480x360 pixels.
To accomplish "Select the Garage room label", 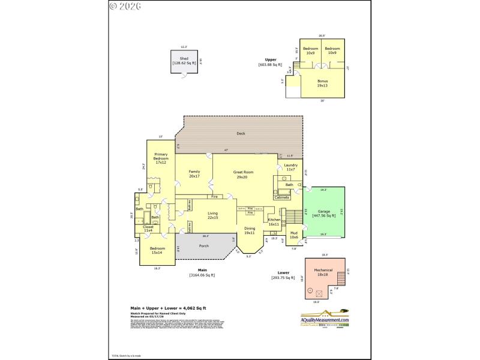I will click(324, 213).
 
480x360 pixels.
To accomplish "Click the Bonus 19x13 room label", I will click(322, 83).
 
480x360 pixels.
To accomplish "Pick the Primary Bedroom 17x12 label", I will click(160, 158).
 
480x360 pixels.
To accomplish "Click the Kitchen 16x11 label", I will click(274, 221).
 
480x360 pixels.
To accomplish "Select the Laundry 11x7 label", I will click(290, 167).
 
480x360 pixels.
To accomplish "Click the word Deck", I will click(241, 134).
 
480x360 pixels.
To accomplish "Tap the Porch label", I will click(203, 245).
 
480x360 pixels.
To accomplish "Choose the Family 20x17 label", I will click(194, 174).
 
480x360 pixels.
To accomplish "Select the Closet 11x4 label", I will click(148, 229).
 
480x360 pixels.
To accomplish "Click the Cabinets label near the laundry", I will click(282, 197).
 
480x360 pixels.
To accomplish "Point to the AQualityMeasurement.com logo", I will click(325, 319).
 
